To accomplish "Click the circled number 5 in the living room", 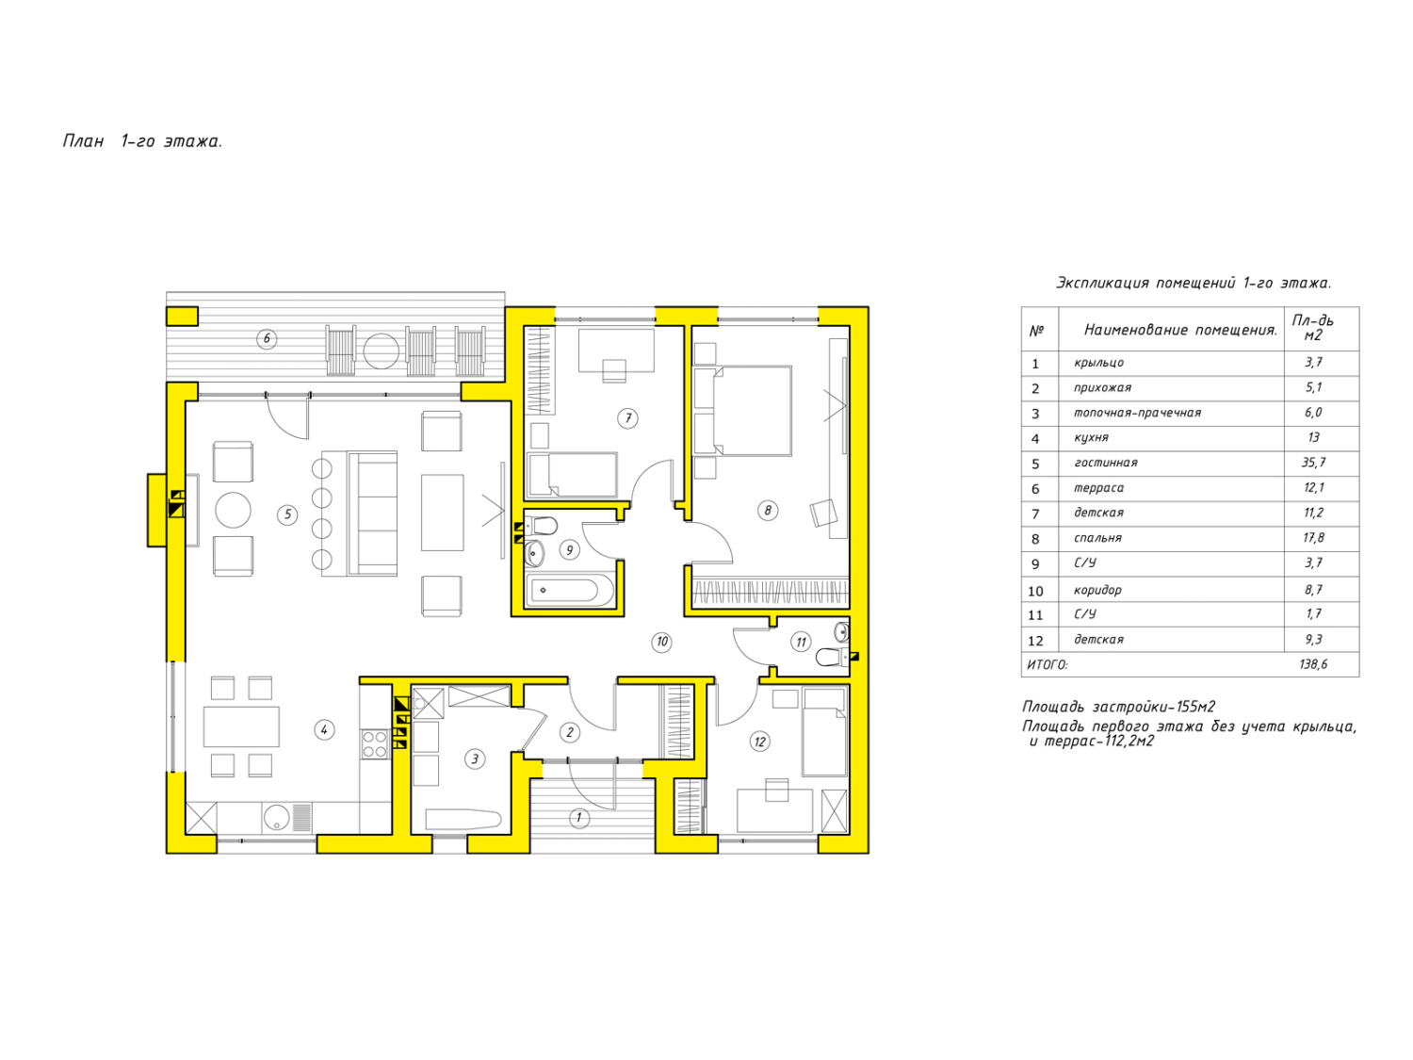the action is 287,514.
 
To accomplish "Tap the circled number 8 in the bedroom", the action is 767,511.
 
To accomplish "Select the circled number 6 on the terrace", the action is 267,338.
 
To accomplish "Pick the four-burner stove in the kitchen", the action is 375,743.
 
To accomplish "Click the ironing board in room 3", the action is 463,820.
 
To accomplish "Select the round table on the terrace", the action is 381,351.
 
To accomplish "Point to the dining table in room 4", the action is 241,726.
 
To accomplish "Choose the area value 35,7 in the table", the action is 1313,463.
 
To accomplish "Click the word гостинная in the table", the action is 1105,463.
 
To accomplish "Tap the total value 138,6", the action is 1313,664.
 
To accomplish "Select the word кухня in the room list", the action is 1091,437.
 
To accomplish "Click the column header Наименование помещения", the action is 1180,330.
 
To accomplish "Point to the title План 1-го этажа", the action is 142,141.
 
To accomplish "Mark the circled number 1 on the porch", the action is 578,818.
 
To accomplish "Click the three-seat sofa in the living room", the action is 372,513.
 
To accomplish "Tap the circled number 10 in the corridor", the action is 661,642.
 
